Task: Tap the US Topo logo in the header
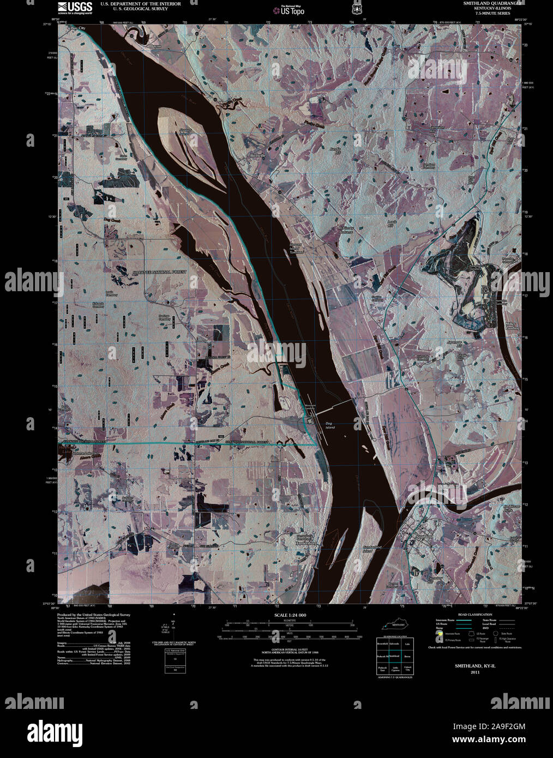point(288,10)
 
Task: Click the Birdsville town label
point(257,155)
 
